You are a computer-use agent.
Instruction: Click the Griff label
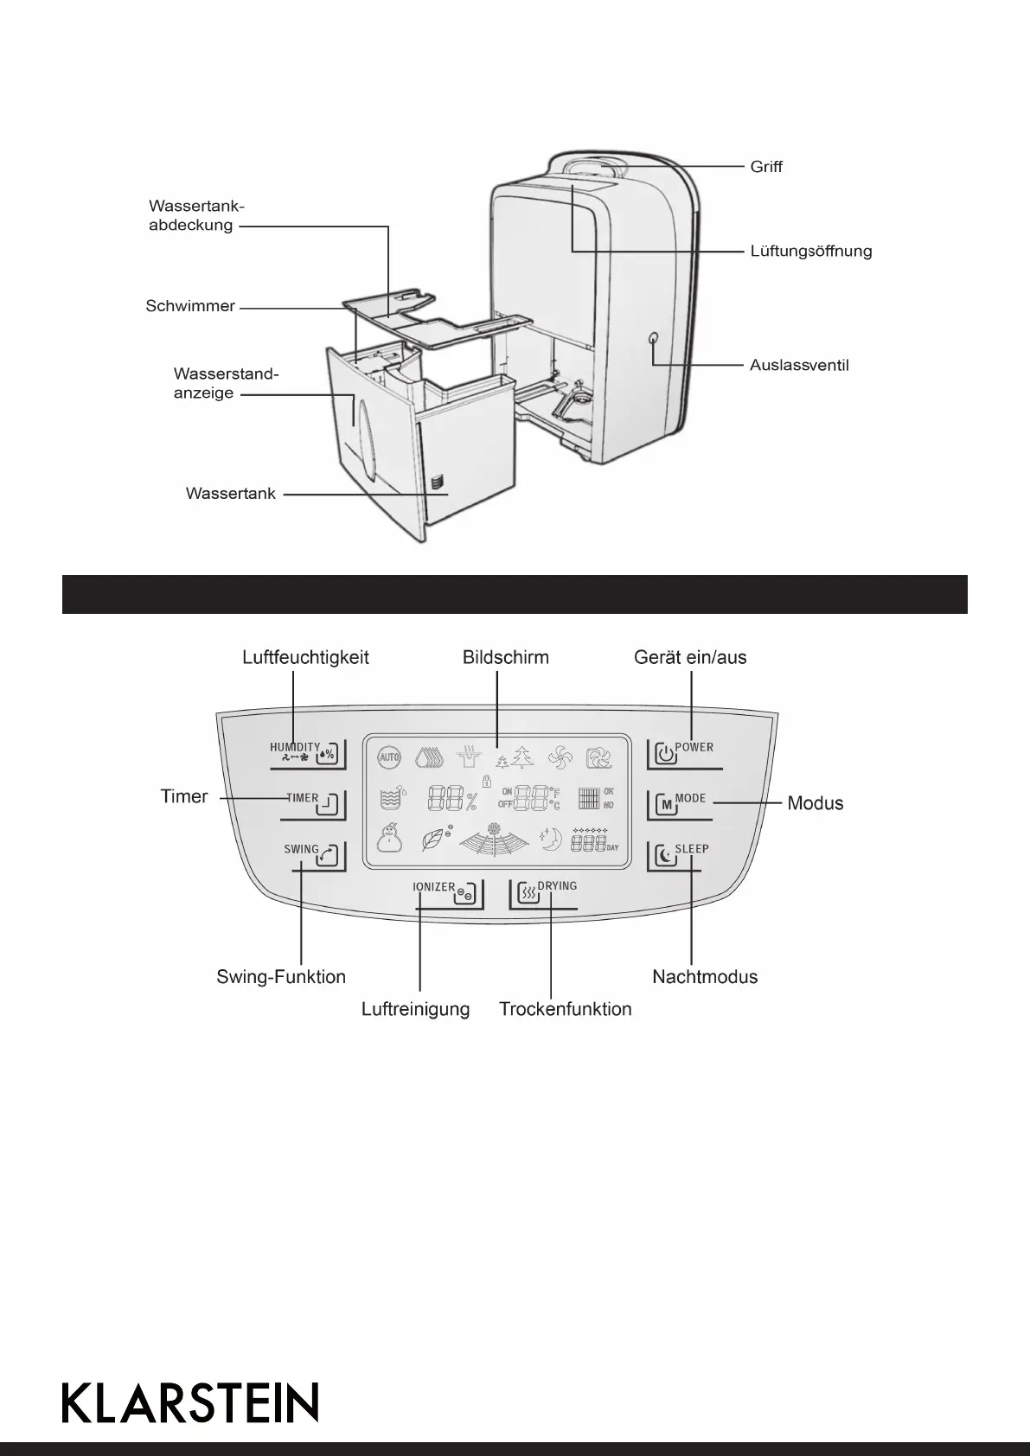[766, 167]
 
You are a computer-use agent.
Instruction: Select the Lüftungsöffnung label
[810, 252]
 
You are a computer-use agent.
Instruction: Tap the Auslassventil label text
[799, 365]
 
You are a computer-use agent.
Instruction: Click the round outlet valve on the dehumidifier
[653, 339]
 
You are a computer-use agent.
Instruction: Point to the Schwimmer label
[190, 306]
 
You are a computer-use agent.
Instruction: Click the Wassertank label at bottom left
[231, 494]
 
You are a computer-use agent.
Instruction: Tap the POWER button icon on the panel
[664, 754]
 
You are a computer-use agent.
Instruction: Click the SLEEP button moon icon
[664, 856]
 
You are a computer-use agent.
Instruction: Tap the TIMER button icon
[332, 806]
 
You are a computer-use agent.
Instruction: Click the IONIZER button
[464, 893]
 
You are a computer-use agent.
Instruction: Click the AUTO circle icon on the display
[389, 757]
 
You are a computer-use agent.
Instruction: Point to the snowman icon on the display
[390, 837]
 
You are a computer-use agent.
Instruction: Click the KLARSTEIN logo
[190, 1402]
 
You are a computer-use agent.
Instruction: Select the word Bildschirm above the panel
[506, 657]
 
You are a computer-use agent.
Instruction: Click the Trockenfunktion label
[566, 1009]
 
